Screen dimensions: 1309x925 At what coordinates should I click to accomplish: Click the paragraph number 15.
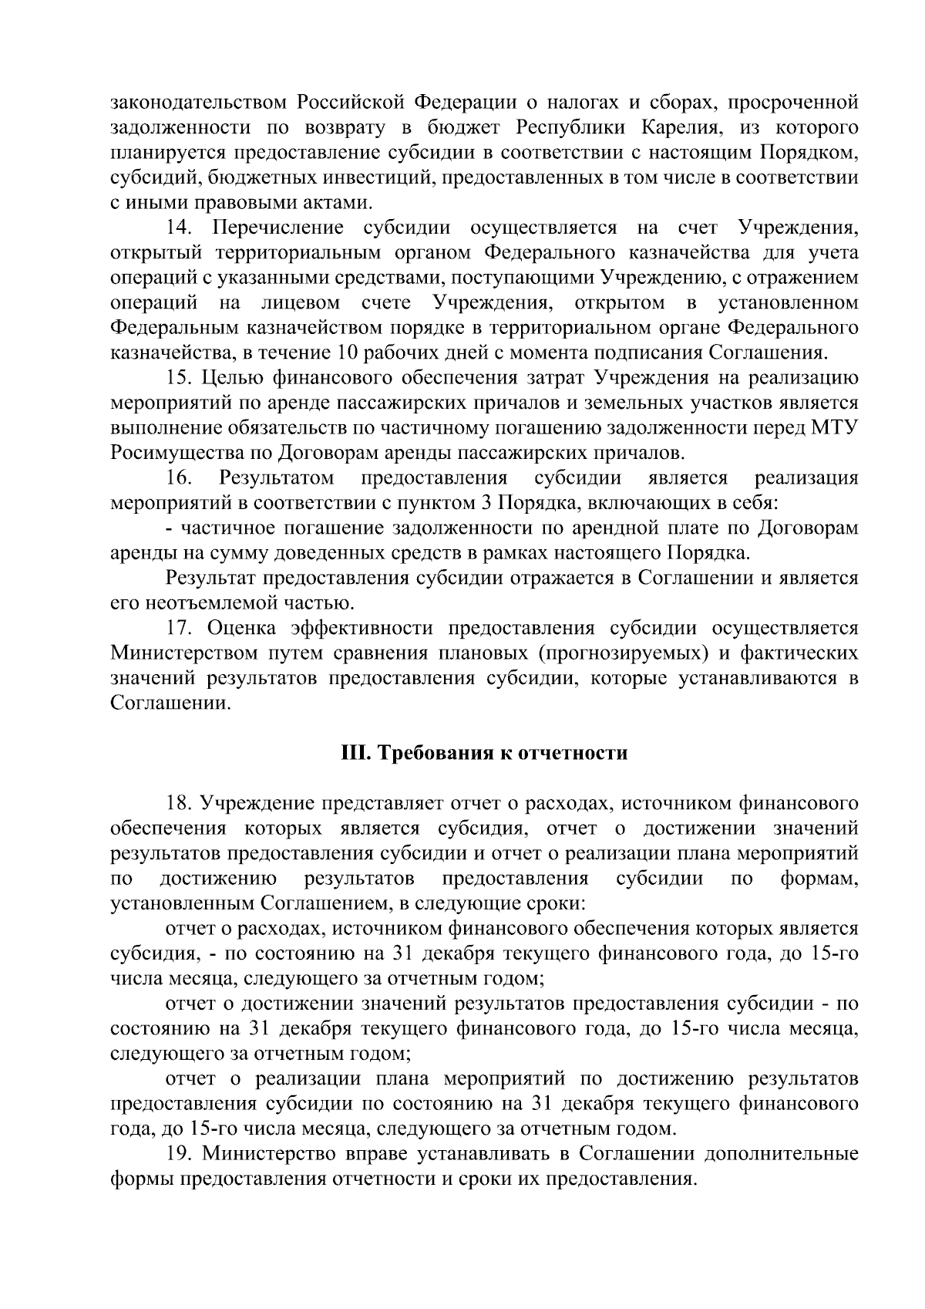pos(180,378)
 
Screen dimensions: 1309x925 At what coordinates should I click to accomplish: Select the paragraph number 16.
pos(180,478)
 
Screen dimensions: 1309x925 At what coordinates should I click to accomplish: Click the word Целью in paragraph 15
pos(235,378)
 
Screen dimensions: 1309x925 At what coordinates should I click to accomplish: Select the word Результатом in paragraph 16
pos(276,478)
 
